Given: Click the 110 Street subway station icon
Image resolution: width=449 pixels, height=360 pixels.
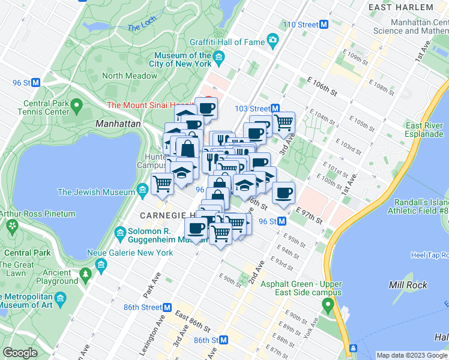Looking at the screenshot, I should coord(324,25).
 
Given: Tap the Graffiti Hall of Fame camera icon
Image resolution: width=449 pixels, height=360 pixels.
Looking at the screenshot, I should coord(273,41).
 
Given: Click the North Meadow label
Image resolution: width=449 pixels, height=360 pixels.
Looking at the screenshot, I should coord(130,76).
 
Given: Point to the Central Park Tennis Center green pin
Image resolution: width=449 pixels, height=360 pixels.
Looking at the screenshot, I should coord(76,107).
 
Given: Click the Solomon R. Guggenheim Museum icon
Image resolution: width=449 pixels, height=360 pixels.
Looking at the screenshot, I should coord(119,232).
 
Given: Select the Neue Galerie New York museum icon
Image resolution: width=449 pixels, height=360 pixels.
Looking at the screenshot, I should coord(101,265).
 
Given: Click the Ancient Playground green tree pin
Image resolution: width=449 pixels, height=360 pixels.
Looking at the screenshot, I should coord(85,274).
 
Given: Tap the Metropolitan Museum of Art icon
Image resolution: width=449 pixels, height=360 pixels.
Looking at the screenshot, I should coord(60,298).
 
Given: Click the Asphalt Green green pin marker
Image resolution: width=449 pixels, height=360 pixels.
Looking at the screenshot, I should coord(328,305).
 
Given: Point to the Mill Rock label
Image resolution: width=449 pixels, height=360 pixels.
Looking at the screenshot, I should coord(408,285).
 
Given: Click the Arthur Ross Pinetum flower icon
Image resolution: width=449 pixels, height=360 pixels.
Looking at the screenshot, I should coord(11,226).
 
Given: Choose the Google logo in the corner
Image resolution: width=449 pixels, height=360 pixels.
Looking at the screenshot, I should coord(20,353).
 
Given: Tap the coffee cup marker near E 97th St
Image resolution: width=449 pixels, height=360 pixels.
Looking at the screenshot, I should coord(283,193).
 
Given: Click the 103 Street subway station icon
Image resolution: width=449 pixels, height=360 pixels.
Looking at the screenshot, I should coord(276,109).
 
